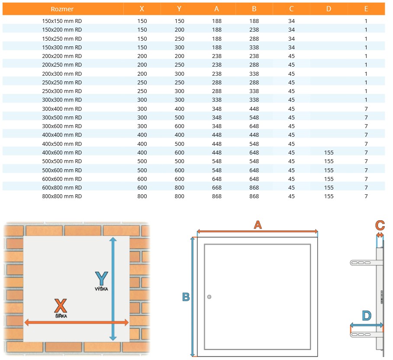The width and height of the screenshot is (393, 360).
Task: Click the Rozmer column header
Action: (x=62, y=9)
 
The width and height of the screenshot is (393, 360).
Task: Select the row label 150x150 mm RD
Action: (x=62, y=21)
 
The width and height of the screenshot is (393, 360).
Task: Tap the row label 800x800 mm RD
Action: (x=62, y=196)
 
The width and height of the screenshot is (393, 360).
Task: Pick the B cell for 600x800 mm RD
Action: (x=254, y=188)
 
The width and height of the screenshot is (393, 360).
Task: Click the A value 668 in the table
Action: (x=216, y=188)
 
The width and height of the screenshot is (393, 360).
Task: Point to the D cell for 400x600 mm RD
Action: (x=329, y=153)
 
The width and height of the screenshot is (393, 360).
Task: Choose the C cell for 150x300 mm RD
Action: (x=291, y=47)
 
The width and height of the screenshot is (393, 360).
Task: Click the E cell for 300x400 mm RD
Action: (x=366, y=109)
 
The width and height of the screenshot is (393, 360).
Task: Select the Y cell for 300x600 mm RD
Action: (x=179, y=126)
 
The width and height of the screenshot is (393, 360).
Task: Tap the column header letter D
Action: (x=329, y=9)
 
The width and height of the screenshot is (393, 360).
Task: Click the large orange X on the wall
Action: (x=61, y=305)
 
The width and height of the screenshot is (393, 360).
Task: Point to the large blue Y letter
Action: (x=102, y=279)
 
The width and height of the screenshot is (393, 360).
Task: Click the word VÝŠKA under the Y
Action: (x=102, y=289)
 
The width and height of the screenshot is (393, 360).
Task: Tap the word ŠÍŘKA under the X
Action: (x=61, y=316)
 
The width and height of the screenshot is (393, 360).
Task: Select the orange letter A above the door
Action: (x=258, y=225)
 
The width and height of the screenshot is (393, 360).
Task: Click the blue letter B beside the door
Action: (x=186, y=297)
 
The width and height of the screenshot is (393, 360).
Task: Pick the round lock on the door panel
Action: (x=209, y=297)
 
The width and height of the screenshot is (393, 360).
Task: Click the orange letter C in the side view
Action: (x=380, y=225)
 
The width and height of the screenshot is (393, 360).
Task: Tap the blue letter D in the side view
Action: (x=367, y=316)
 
